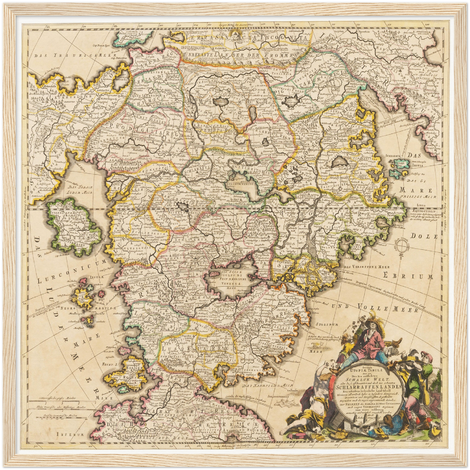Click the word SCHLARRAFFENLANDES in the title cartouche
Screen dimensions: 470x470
point(371,387)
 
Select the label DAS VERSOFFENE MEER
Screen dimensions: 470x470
point(362,267)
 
